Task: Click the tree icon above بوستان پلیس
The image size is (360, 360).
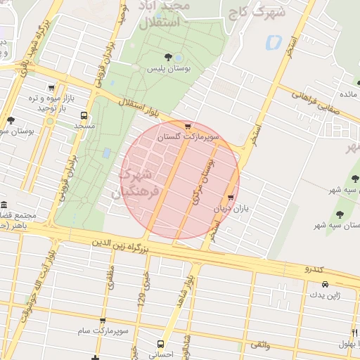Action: [x=167, y=57]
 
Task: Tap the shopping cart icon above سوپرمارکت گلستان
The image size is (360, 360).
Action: [x=188, y=126]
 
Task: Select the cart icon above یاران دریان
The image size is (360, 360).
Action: [x=231, y=198]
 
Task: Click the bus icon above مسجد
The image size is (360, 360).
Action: [x=84, y=115]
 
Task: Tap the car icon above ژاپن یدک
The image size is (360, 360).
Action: [x=325, y=284]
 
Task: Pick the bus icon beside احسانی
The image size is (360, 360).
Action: [x=161, y=344]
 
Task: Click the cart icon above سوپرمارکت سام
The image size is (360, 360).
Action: [x=103, y=320]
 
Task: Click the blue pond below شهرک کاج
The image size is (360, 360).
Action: [x=271, y=41]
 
